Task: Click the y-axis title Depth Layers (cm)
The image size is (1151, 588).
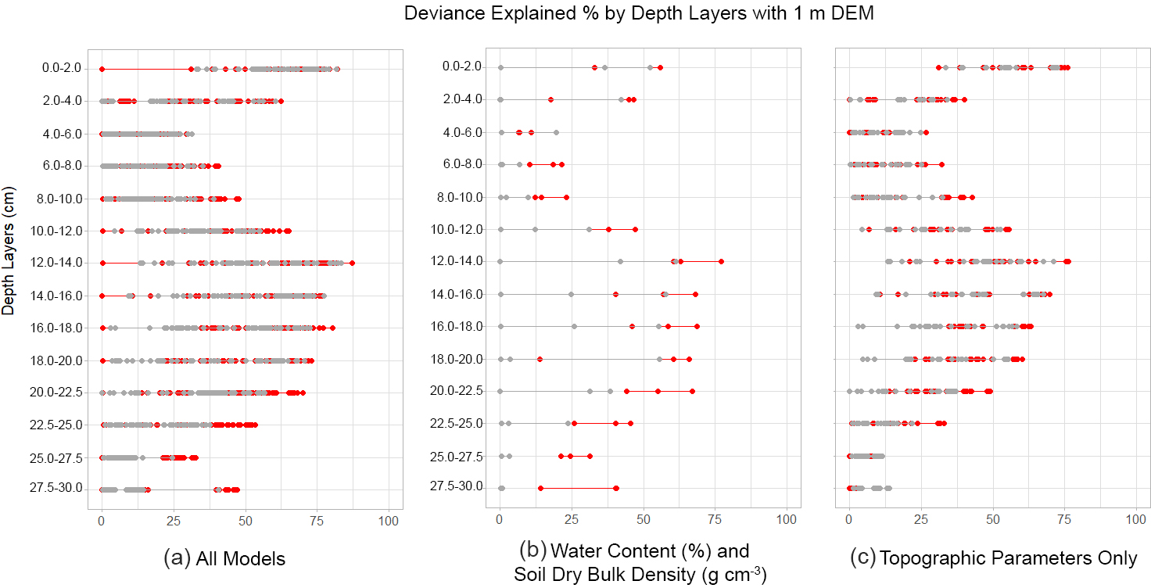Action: click(9, 250)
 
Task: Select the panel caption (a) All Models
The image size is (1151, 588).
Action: click(224, 558)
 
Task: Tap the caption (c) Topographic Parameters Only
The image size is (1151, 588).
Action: click(993, 558)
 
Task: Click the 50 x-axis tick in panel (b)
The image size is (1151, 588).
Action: click(644, 518)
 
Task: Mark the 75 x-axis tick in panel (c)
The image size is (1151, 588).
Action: click(1065, 518)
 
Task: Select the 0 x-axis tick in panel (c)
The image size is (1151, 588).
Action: click(849, 518)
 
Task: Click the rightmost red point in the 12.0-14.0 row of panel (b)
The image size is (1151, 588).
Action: click(721, 261)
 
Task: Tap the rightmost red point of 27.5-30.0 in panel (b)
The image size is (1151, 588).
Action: click(617, 488)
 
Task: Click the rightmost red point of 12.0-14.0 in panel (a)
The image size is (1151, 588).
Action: click(352, 263)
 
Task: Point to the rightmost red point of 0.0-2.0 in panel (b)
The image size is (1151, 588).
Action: click(660, 67)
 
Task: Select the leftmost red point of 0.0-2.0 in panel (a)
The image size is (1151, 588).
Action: click(102, 69)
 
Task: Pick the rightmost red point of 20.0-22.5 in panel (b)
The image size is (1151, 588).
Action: click(692, 391)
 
